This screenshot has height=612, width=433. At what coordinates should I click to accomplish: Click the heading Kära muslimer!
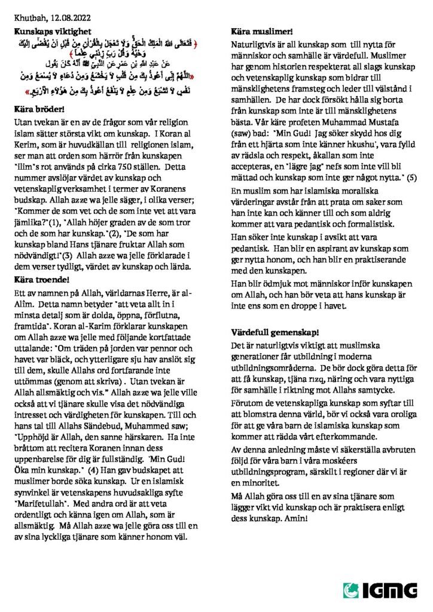coord(262,30)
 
